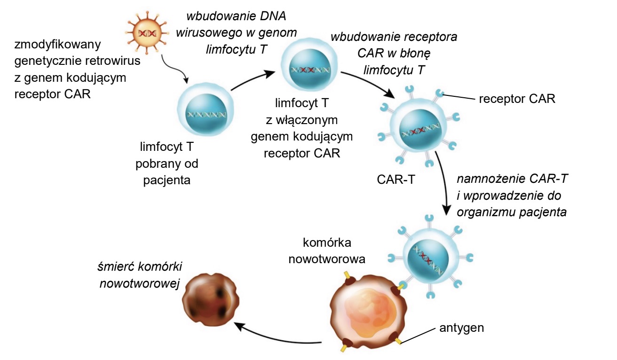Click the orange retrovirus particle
tap(147, 33)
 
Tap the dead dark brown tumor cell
tap(211, 299)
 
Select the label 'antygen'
tap(461, 328)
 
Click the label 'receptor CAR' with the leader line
tap(517, 99)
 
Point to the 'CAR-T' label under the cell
tap(396, 180)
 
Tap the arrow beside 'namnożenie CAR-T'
tap(444, 183)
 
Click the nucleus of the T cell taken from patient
tap(206, 115)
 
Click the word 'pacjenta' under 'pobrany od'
tap(167, 180)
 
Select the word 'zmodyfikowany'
tap(57, 44)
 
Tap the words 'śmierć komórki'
tap(140, 266)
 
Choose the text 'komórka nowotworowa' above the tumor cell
tap(327, 251)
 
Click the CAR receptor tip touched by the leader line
tap(439, 93)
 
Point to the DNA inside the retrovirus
tap(147, 33)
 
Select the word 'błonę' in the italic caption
tap(415, 54)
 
